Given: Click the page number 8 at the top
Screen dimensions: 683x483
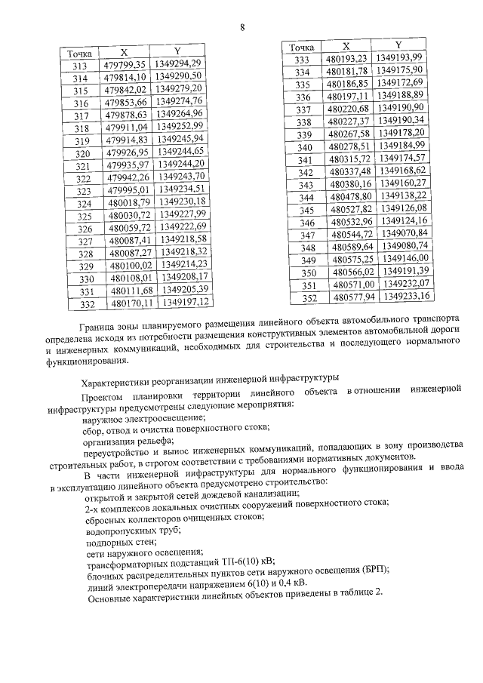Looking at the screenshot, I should click(x=242, y=28).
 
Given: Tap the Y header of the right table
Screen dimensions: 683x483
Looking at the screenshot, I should click(x=398, y=45).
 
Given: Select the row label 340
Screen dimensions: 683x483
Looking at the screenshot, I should click(x=304, y=160).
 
